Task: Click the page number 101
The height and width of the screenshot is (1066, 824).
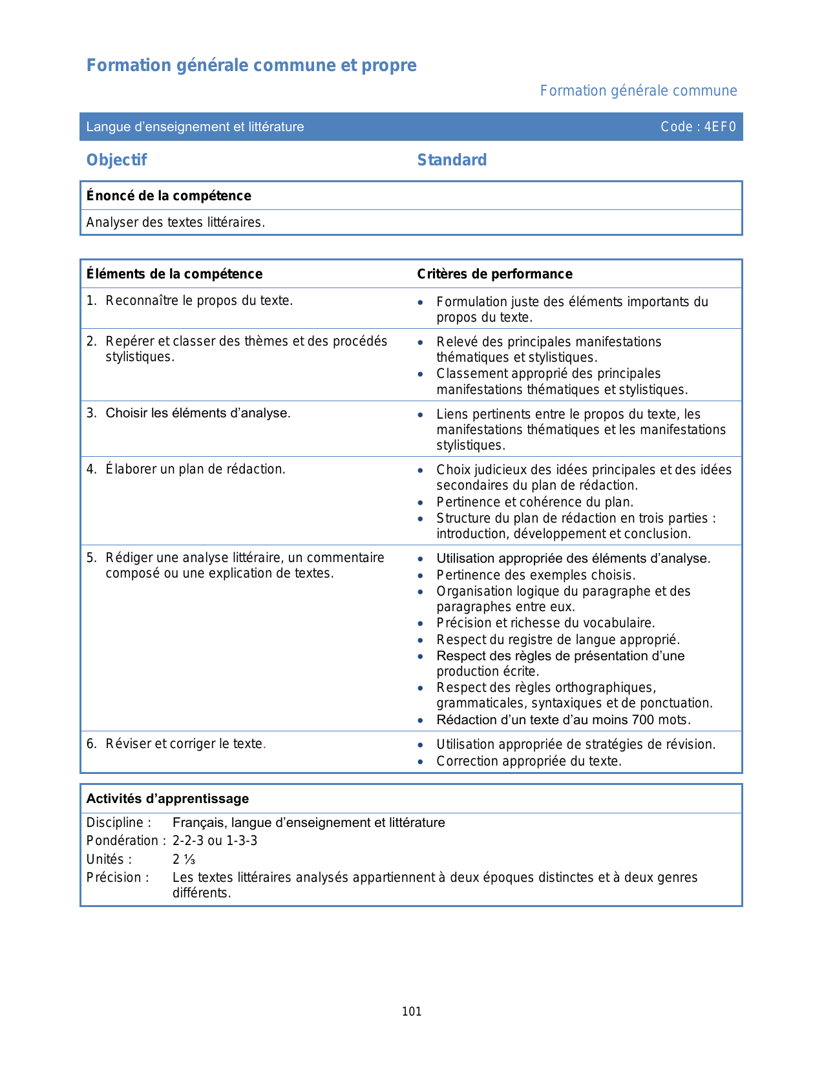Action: (x=412, y=1012)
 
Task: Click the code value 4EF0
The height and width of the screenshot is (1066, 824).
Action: (x=720, y=127)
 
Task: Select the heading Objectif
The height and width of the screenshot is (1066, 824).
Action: (x=117, y=160)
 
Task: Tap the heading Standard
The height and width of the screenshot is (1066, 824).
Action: (x=452, y=160)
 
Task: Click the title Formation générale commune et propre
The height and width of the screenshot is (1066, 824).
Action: (x=251, y=65)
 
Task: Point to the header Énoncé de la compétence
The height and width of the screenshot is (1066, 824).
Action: (x=169, y=196)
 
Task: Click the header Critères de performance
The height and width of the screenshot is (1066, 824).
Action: (x=494, y=274)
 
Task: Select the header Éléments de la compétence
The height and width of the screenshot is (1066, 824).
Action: (x=174, y=274)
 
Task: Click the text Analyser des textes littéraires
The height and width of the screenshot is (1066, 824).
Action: (x=176, y=223)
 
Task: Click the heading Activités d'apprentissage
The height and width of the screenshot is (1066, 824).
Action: (x=167, y=799)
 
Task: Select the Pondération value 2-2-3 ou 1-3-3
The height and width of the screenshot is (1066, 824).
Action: (x=215, y=841)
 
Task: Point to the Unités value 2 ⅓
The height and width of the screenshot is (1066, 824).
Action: (x=184, y=859)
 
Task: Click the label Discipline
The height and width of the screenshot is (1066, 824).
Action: (x=119, y=822)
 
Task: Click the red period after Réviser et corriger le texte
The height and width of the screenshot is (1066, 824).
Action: (x=264, y=745)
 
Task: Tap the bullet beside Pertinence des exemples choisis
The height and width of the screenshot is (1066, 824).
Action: (x=421, y=576)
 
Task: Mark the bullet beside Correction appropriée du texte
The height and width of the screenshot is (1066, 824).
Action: (x=421, y=762)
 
